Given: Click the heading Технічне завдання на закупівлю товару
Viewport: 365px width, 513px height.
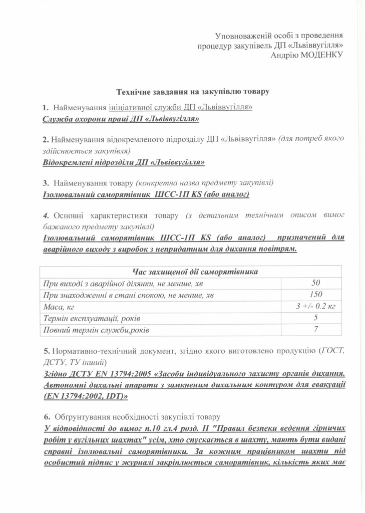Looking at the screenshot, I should click(193, 92).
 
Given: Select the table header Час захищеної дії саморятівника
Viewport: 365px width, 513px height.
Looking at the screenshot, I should click(195, 272).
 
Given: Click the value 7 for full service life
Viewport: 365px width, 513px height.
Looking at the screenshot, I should click(315, 330).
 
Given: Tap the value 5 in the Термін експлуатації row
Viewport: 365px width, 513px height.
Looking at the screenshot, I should click(315, 318).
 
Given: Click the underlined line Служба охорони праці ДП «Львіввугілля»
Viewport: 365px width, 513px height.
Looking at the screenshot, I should click(121, 119).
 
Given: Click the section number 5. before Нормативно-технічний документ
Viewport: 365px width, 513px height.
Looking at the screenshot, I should click(46, 351).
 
